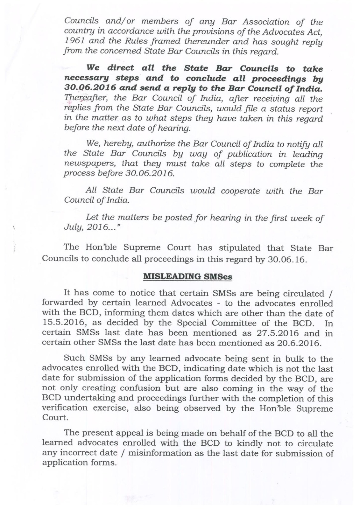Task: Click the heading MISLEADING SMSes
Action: pos(188,276)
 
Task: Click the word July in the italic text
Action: pos(72,228)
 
